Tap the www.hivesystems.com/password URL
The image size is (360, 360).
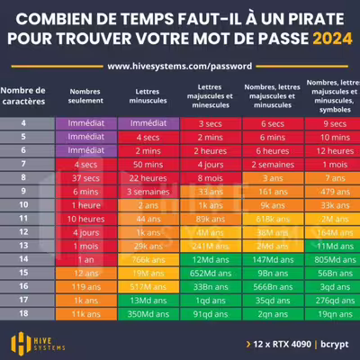179,66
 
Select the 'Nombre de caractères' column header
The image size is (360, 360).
28,96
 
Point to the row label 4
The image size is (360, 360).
28,122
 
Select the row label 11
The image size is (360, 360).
28,219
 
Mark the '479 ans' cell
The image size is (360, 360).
326,192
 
